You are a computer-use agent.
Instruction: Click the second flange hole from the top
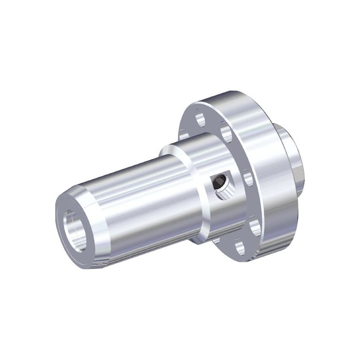226,132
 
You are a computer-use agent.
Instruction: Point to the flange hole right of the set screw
248,177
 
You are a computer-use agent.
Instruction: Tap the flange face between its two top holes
213,122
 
